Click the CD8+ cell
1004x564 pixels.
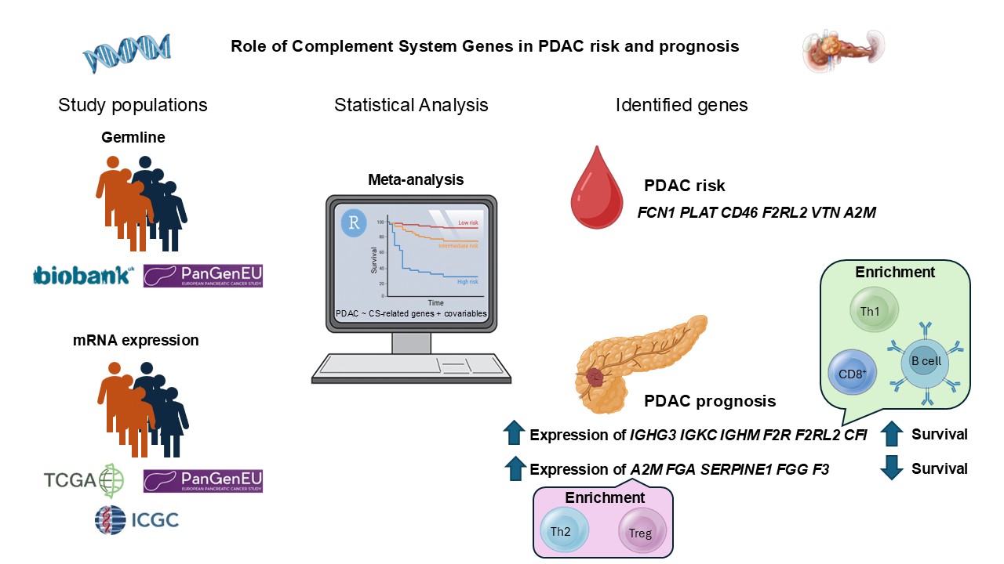pos(853,374)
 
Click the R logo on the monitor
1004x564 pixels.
pos(355,224)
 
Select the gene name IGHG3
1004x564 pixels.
pos(654,434)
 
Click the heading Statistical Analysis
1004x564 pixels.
pos(411,105)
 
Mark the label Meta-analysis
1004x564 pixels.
pos(416,179)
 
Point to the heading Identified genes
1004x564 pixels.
pos(682,105)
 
